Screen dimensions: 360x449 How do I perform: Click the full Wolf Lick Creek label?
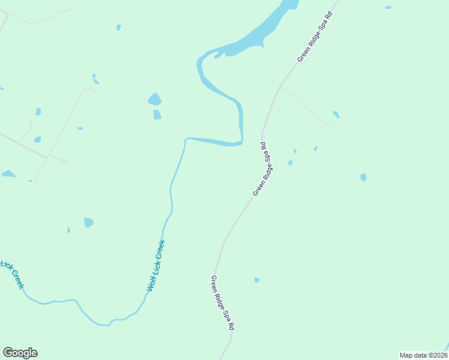point(156,266)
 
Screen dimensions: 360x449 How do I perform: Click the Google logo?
point(20,353)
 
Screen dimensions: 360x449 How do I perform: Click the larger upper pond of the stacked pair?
point(155,99)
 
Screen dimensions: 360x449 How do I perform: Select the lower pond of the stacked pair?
point(157,115)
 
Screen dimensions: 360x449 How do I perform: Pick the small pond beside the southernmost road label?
point(256,280)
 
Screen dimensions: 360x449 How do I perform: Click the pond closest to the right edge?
point(363,177)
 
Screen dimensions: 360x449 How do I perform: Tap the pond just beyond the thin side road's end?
point(336,114)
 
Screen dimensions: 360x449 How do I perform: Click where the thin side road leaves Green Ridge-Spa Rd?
point(280,86)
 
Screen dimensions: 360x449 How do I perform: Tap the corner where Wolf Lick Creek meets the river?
point(185,139)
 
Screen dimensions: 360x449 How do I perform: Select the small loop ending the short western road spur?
point(64,161)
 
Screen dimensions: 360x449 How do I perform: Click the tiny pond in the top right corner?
point(388,7)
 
